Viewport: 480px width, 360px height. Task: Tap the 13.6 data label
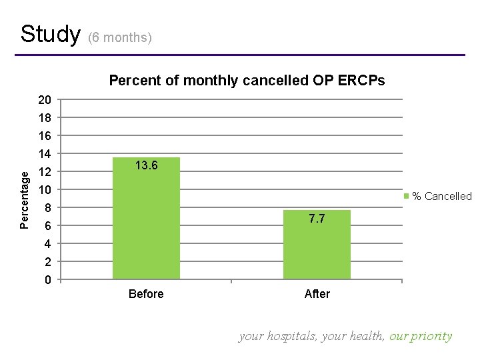(x=146, y=165)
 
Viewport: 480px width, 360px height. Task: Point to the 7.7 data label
(x=317, y=219)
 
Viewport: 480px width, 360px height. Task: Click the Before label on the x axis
(x=146, y=294)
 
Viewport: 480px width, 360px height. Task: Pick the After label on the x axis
(x=317, y=294)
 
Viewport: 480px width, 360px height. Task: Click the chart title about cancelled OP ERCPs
(x=247, y=81)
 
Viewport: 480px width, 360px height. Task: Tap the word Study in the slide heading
(x=50, y=34)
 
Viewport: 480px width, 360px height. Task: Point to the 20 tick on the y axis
(x=45, y=100)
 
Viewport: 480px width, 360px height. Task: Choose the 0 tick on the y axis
(x=48, y=280)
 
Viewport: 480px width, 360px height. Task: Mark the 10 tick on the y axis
(x=45, y=190)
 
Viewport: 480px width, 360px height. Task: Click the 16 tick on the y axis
(x=45, y=136)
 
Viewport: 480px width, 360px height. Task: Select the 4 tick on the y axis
(x=48, y=244)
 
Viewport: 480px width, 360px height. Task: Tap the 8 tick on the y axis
(x=48, y=208)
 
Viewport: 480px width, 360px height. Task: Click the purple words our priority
(x=421, y=336)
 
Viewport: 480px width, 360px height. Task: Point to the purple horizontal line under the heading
(x=240, y=55)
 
